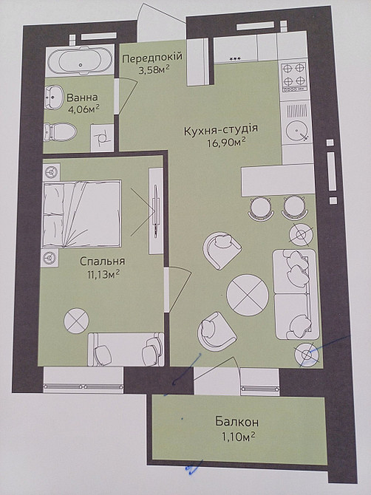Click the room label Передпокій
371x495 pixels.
[152, 58]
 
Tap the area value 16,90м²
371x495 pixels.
[225, 145]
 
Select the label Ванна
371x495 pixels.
[82, 97]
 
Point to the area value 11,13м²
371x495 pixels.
[103, 275]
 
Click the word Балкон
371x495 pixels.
[236, 422]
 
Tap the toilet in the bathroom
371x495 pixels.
[61, 132]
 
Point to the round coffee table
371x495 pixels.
[247, 294]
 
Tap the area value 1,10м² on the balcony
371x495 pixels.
[236, 437]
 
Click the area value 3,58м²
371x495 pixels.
[154, 71]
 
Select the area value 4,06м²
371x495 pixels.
[83, 110]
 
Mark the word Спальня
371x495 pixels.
[103, 261]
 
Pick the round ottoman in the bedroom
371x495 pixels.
[76, 320]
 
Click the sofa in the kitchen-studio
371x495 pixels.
[296, 294]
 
